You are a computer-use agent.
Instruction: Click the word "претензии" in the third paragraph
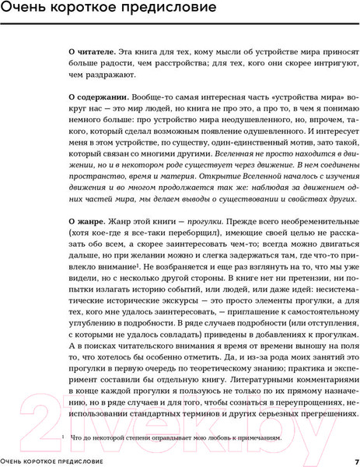[292, 299]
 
